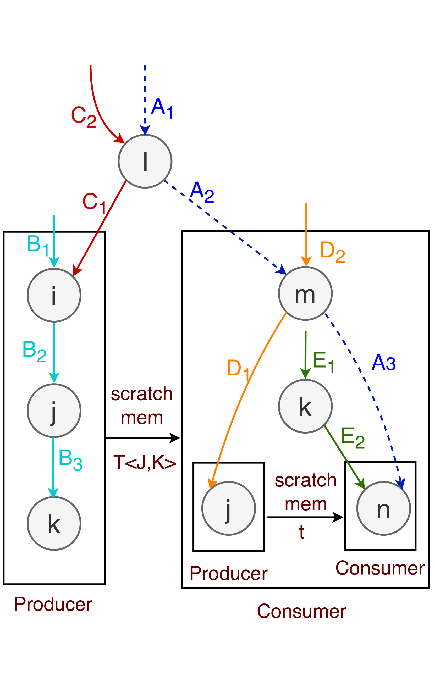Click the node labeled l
145,161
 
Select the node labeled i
54,295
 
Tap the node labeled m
305,293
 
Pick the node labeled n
383,508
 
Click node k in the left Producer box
54,524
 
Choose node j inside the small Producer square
229,508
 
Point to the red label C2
84,116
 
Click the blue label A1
162,108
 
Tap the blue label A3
383,363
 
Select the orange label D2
332,252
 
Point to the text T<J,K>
144,462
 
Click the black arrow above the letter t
305,517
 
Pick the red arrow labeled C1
101,227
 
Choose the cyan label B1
37,245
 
